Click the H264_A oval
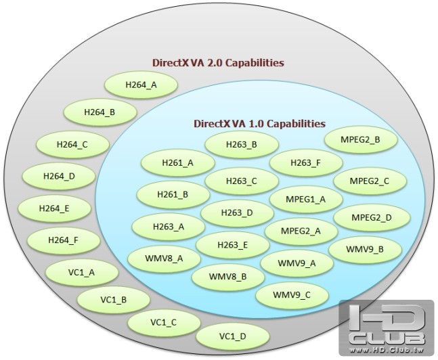(x=141, y=85)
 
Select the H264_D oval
(x=59, y=176)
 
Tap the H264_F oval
(x=63, y=240)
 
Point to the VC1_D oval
(x=232, y=336)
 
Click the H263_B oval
(x=242, y=144)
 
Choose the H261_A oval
(x=177, y=163)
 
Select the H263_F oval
(x=305, y=162)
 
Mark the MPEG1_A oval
(x=306, y=199)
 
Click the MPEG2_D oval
(x=371, y=217)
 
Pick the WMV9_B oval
(x=364, y=249)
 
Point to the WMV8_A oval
(x=163, y=258)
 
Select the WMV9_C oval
(x=292, y=295)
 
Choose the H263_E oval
(x=232, y=244)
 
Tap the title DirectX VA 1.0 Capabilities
(x=259, y=124)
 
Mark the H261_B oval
(x=173, y=195)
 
